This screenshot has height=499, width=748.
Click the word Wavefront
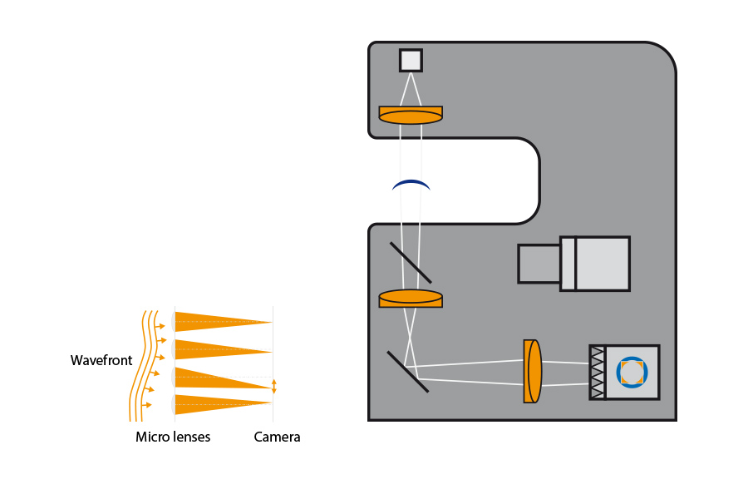pyautogui.click(x=101, y=361)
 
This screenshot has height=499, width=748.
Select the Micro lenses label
pyautogui.click(x=173, y=437)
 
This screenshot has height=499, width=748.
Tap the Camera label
pyautogui.click(x=277, y=437)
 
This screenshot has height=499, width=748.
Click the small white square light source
pyautogui.click(x=411, y=60)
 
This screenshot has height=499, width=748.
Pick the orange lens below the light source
pyautogui.click(x=411, y=115)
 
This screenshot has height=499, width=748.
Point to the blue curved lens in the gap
pyautogui.click(x=411, y=185)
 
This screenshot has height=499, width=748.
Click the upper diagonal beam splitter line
pyautogui.click(x=411, y=262)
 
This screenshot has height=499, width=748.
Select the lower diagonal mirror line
pyautogui.click(x=407, y=371)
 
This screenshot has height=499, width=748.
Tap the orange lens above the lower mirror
pyautogui.click(x=411, y=298)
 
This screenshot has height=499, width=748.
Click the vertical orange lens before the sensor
pyautogui.click(x=533, y=371)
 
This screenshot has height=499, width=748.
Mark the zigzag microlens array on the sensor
pyautogui.click(x=597, y=372)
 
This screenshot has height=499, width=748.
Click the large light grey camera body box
pyautogui.click(x=602, y=264)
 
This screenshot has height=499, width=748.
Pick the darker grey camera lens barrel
pyautogui.click(x=539, y=264)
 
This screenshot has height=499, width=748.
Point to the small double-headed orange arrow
pyautogui.click(x=274, y=386)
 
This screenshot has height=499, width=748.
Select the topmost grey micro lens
pyautogui.click(x=173, y=321)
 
